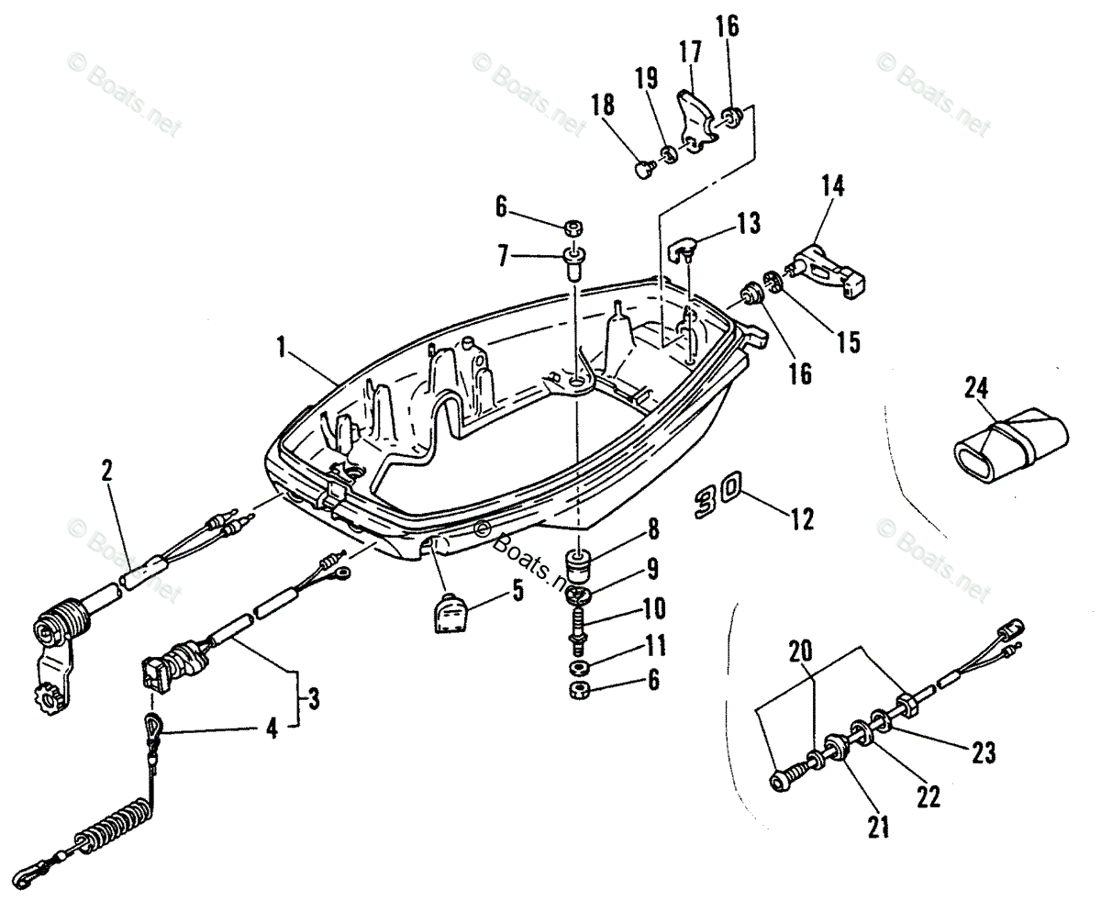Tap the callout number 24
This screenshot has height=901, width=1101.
(977, 389)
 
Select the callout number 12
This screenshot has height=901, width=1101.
(801, 519)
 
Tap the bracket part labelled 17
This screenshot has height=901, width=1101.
(697, 119)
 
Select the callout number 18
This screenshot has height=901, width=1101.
(603, 105)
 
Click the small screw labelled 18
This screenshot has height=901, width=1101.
(643, 168)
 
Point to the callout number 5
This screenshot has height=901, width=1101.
(518, 592)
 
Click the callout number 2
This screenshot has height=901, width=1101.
(107, 472)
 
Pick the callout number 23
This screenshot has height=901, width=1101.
(982, 752)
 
